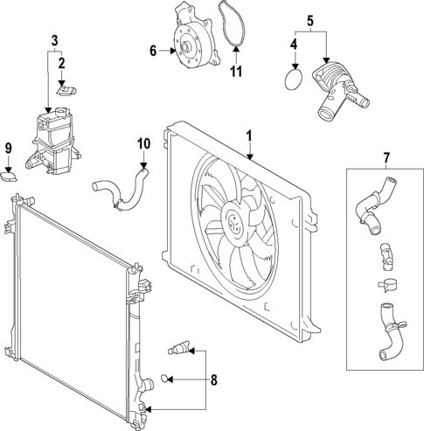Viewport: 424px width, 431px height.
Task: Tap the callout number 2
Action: point(61,63)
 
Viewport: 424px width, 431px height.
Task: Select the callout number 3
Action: point(54,40)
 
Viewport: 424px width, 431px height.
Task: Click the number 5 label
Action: point(309,18)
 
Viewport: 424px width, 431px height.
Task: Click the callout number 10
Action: point(143,142)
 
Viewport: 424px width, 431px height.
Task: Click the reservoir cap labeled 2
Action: point(62,87)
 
